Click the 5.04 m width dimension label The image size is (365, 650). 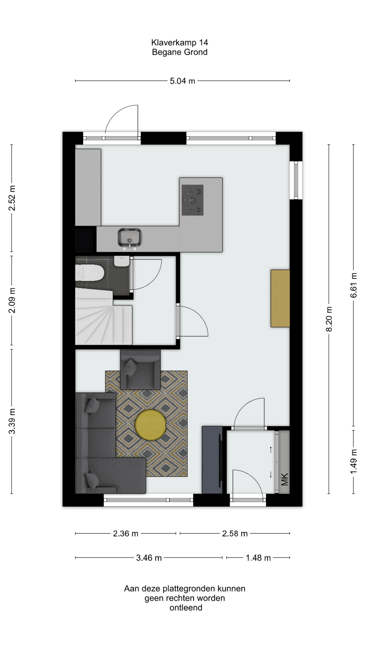point(182,81)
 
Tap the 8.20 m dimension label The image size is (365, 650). point(329,319)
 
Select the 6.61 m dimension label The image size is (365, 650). point(354,285)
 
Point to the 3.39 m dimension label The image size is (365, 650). point(12,421)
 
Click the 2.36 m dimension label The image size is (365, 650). point(126,534)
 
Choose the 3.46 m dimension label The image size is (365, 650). point(149,558)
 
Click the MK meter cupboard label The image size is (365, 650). point(285,479)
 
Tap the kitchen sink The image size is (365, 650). point(130,238)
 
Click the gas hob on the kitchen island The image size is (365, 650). point(193,200)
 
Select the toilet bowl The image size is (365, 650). point(89,273)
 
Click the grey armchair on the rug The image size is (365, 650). point(140,369)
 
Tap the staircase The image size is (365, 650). point(103,317)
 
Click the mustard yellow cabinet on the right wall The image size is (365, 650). point(280,298)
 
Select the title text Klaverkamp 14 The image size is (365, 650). point(179,42)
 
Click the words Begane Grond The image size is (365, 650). point(179,52)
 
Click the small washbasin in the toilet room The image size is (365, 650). point(122,261)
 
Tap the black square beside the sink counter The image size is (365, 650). point(83,241)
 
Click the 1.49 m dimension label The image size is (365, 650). point(354,462)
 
